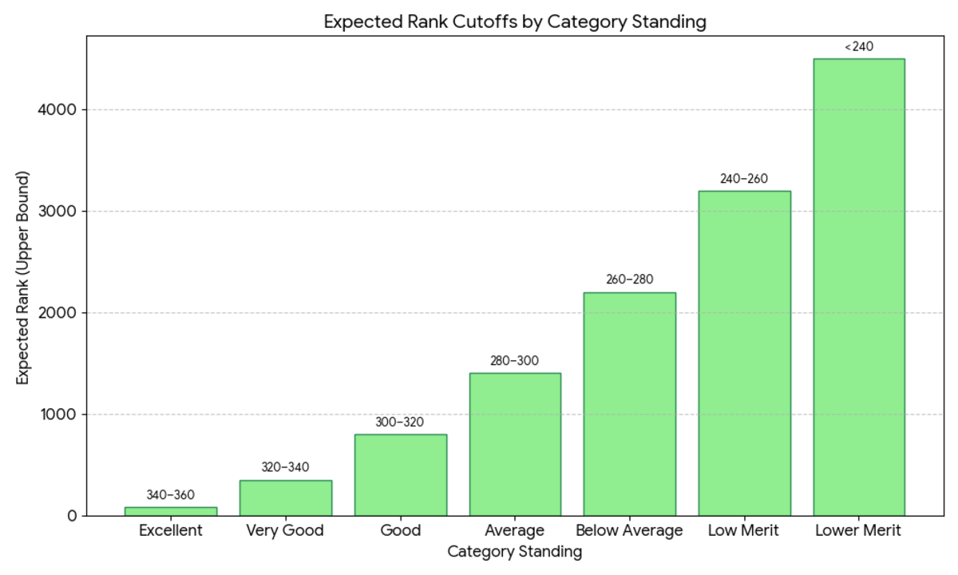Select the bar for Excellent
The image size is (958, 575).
(x=171, y=511)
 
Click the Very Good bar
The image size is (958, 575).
(x=286, y=498)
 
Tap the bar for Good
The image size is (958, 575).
(x=401, y=475)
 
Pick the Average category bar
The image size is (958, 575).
(x=516, y=445)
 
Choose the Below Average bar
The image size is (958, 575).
(x=630, y=404)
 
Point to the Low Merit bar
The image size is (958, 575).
(x=745, y=353)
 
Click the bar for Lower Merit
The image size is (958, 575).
(x=859, y=287)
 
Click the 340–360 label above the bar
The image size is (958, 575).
(x=171, y=495)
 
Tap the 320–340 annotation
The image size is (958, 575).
(x=285, y=467)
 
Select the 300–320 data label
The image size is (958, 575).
(x=400, y=422)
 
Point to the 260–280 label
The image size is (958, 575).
(x=630, y=280)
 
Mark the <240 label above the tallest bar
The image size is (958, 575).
(x=859, y=46)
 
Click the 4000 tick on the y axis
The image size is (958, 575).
(x=57, y=110)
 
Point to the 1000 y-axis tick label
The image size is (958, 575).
(x=57, y=414)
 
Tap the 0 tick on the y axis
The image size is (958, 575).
(x=72, y=516)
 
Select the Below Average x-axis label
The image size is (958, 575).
(x=630, y=530)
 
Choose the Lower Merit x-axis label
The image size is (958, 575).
(x=858, y=530)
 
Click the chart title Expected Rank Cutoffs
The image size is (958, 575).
(x=515, y=22)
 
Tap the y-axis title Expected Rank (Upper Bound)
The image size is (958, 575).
(x=22, y=278)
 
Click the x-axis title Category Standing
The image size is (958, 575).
(x=515, y=552)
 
